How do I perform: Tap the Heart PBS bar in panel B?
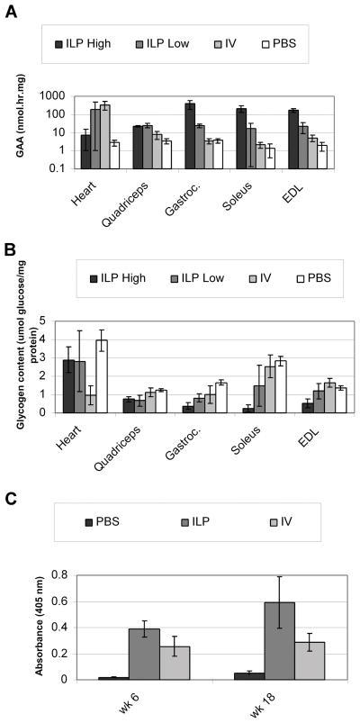(103, 376)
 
